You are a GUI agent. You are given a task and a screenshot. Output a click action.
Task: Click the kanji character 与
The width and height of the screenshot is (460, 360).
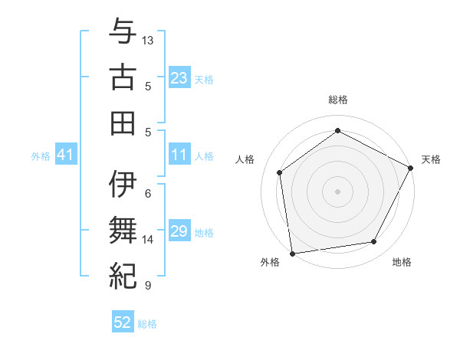(123, 33)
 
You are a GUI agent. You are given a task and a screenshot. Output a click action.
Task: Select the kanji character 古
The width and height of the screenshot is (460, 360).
(123, 77)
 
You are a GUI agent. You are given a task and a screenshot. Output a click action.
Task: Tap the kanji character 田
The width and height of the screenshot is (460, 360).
(123, 123)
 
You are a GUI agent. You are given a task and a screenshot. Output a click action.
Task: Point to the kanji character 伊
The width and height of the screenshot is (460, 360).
(123, 185)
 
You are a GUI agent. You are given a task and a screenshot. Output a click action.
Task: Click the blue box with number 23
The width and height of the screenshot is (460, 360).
(179, 78)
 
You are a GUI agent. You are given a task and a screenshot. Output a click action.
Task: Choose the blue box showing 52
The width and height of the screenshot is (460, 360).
(123, 322)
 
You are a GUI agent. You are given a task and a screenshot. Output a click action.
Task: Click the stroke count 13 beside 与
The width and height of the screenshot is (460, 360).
(148, 40)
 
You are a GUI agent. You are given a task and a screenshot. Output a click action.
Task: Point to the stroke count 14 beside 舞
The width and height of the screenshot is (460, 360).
(148, 240)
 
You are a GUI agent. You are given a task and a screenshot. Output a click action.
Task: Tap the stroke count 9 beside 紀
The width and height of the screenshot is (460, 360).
(148, 286)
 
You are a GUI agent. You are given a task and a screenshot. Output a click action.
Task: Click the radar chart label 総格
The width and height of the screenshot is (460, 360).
(338, 100)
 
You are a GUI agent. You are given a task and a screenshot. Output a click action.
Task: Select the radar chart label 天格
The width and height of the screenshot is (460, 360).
(431, 159)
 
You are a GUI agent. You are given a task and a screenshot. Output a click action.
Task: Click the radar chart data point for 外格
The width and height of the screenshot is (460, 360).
(292, 253)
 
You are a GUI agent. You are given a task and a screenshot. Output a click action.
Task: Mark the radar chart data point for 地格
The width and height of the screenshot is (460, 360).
(374, 242)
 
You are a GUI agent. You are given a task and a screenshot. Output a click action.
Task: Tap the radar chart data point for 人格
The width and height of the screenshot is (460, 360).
(280, 172)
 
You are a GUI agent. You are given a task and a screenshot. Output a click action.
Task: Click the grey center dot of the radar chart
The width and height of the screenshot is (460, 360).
(338, 191)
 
